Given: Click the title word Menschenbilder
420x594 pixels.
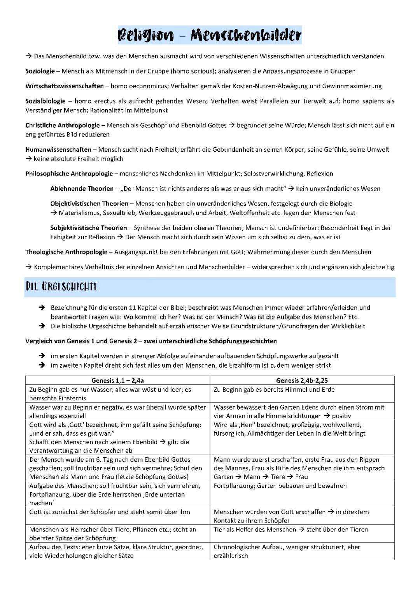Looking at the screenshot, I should point(246,35).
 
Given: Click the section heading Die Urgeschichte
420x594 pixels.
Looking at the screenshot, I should point(61,287).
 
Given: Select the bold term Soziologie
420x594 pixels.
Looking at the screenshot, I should point(40,71).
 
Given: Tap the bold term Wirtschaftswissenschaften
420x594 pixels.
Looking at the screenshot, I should point(65,86).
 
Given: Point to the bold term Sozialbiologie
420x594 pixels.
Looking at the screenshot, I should point(45,101).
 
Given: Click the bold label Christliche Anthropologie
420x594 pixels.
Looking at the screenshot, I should point(63,125).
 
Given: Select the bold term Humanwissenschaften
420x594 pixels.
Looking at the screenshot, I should point(58,149).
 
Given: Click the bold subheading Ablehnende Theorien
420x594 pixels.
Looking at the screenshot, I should point(82,189).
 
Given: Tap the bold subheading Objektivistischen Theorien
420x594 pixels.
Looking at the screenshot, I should point(89,203).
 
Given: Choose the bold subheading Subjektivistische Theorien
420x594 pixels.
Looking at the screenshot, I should point(88,228).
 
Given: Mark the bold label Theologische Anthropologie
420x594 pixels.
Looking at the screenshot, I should point(66,252).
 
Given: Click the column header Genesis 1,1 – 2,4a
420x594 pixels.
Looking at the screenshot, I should point(117,380).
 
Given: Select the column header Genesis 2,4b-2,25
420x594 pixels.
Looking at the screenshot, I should point(302,380).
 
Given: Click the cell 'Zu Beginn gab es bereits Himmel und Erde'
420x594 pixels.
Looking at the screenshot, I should point(274,390).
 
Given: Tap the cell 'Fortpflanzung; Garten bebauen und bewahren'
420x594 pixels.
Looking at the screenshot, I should point(280,486).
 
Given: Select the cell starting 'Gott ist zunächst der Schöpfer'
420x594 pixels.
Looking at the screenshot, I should point(110,512).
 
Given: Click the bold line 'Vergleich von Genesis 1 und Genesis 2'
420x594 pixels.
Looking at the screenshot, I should point(151,341).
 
